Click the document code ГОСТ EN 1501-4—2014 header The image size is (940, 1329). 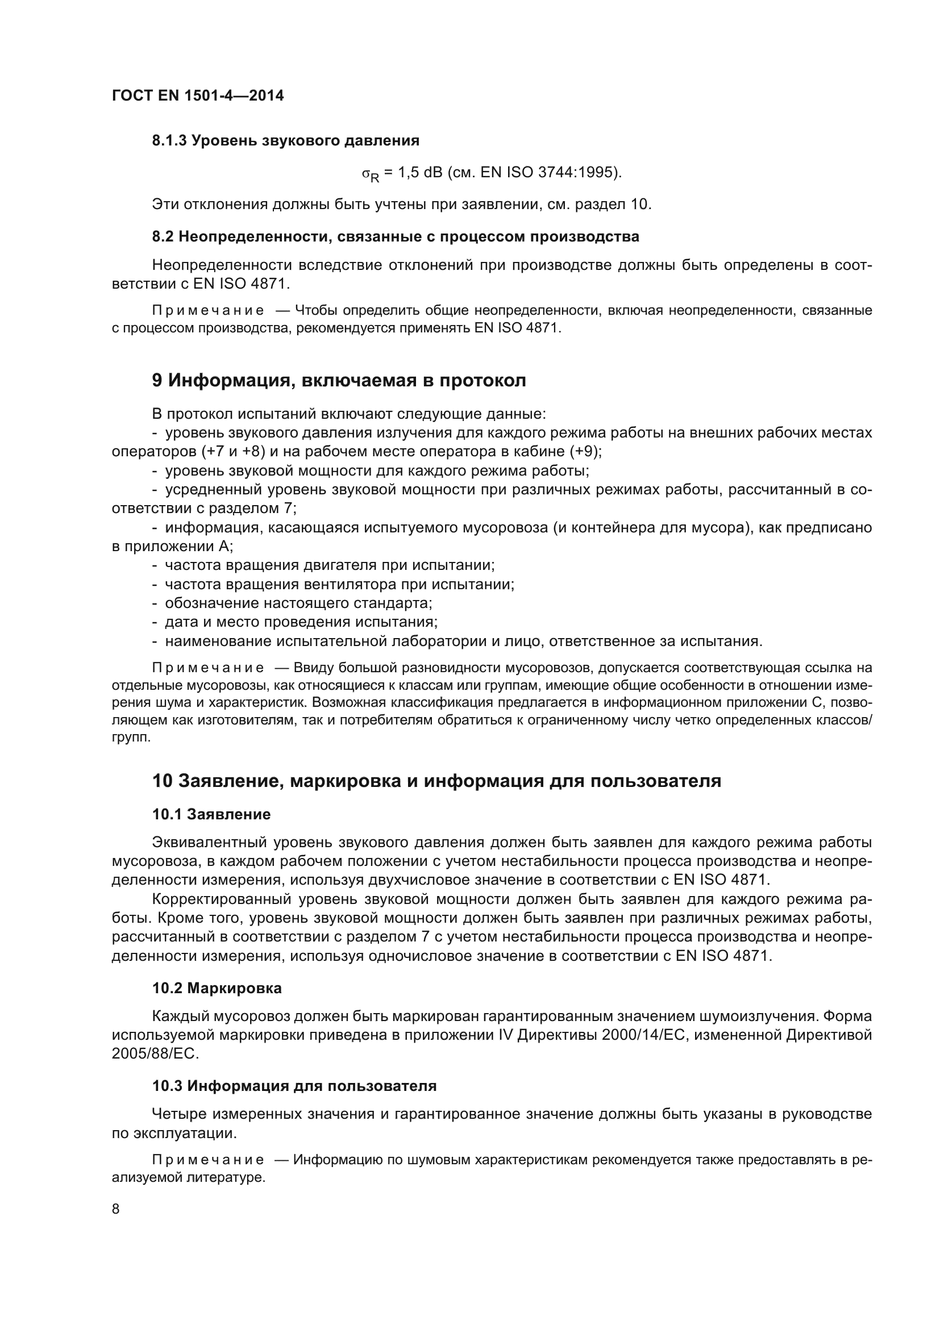197,96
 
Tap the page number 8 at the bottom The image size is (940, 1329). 116,1209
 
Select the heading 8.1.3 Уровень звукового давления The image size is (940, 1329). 285,141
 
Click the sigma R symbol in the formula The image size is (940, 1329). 371,174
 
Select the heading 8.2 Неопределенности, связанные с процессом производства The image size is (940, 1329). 396,236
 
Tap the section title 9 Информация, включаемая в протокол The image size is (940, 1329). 339,380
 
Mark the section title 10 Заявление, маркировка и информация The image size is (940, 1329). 436,781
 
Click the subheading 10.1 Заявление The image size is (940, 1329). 211,814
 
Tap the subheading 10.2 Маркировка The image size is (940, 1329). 217,988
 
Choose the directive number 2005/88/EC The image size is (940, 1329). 155,1054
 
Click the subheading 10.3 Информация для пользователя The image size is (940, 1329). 294,1086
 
